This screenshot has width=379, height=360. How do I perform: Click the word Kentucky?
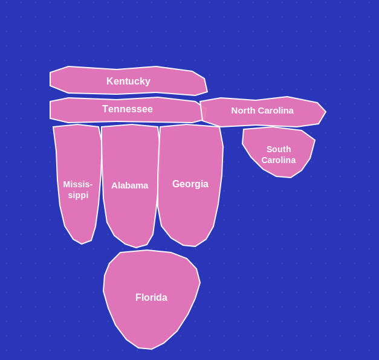coord(128,82)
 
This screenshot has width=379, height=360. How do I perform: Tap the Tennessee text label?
coord(128,109)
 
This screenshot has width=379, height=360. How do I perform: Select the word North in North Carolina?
coord(243,111)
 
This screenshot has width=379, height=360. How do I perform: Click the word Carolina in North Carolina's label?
coord(275,111)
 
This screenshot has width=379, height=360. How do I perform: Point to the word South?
coord(279,149)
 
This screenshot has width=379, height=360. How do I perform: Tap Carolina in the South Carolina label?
coord(279,160)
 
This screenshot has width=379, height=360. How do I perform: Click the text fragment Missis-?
coord(78,184)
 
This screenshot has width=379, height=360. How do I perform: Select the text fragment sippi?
coord(78,195)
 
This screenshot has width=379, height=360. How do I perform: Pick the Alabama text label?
coord(130,185)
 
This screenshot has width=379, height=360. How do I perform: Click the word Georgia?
coord(190,184)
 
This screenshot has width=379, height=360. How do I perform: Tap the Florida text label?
coord(151,297)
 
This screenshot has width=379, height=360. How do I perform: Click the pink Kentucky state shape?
coord(128,80)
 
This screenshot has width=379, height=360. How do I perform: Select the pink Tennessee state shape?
coord(126,110)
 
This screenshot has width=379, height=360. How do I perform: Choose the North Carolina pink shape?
coord(263,112)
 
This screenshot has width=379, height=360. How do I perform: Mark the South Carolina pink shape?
coord(279,152)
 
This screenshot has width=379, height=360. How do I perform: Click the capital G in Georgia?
coord(176,184)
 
